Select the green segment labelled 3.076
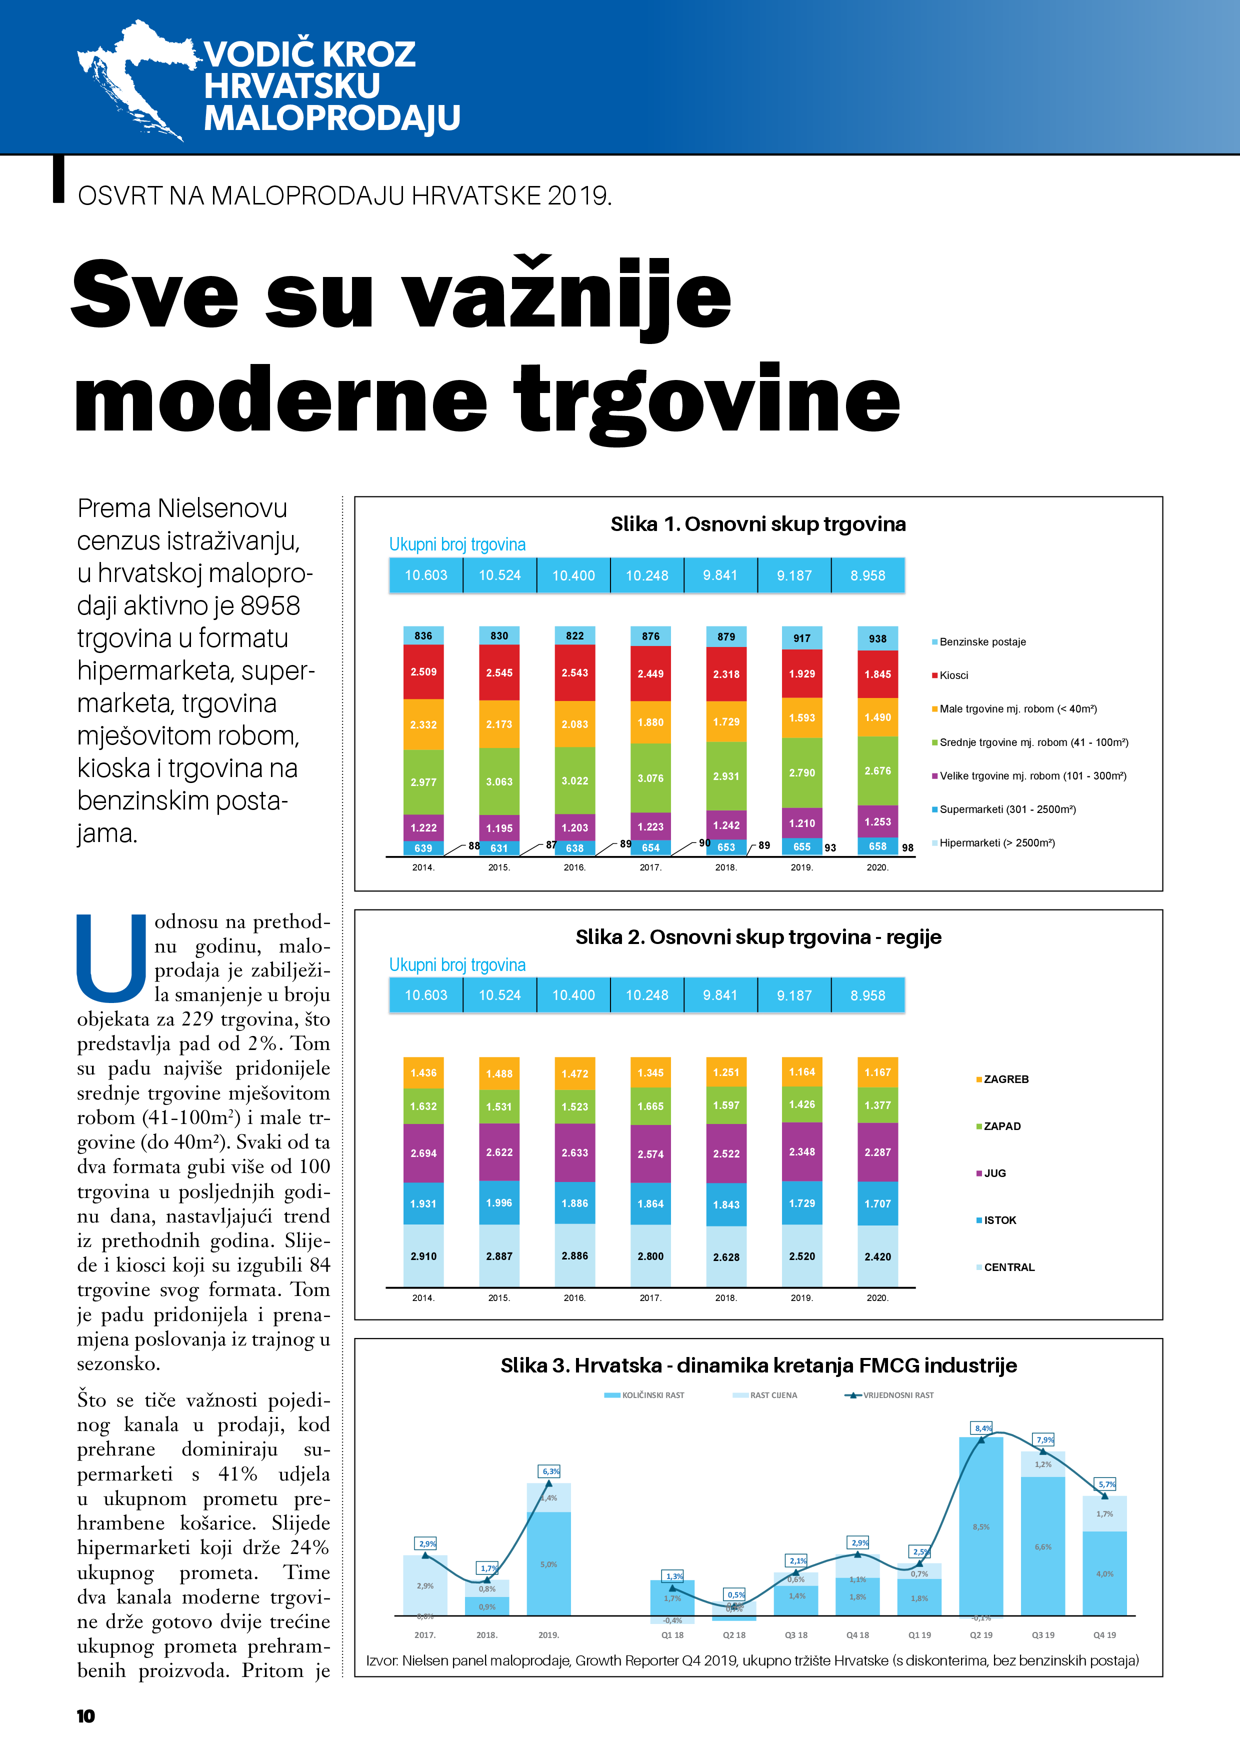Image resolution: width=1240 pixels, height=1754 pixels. pos(650,777)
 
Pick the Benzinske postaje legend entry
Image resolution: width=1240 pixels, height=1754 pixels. pos(982,641)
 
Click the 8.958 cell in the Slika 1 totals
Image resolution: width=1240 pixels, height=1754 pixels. pos(868,575)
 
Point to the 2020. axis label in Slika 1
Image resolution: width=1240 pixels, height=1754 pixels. pos(877,867)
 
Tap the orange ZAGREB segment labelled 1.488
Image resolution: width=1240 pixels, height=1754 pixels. pos(499,1073)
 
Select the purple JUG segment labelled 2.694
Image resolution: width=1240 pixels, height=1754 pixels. pos(423,1153)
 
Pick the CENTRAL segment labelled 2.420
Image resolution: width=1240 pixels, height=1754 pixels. pos(877,1256)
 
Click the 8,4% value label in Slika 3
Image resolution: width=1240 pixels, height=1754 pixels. pos(982,1428)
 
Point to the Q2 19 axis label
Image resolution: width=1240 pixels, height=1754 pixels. pos(981,1635)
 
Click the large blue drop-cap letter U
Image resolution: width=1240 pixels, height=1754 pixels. pos(111,958)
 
